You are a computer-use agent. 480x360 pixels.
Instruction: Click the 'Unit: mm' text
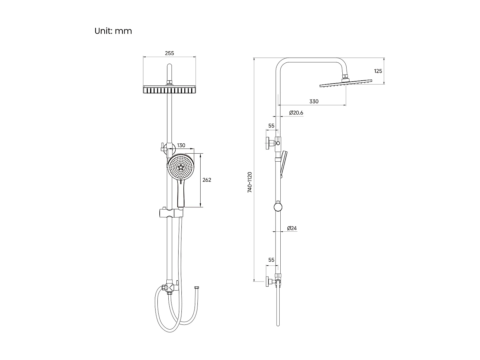tap(113, 31)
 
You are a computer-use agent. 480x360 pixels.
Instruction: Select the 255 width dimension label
tap(169, 53)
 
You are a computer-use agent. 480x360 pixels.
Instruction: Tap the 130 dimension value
tap(181, 145)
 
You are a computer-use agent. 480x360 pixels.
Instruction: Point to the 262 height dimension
tap(207, 180)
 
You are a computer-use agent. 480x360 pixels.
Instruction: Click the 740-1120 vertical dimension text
tap(250, 182)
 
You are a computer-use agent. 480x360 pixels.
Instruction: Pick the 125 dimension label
tap(378, 71)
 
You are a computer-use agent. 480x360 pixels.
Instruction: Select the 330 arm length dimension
tap(314, 101)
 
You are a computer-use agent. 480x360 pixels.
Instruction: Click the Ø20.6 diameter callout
tap(296, 113)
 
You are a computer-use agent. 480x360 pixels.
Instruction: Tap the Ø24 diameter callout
tap(292, 228)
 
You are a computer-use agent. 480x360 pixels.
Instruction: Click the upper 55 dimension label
tap(271, 126)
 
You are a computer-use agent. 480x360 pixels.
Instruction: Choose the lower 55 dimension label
tap(271, 260)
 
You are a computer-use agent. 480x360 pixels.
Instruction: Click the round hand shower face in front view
tap(181, 167)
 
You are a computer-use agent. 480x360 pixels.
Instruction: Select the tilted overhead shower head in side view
tap(346, 83)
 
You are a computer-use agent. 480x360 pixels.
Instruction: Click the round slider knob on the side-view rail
tap(278, 207)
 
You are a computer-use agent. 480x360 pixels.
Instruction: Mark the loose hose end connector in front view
tap(197, 289)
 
